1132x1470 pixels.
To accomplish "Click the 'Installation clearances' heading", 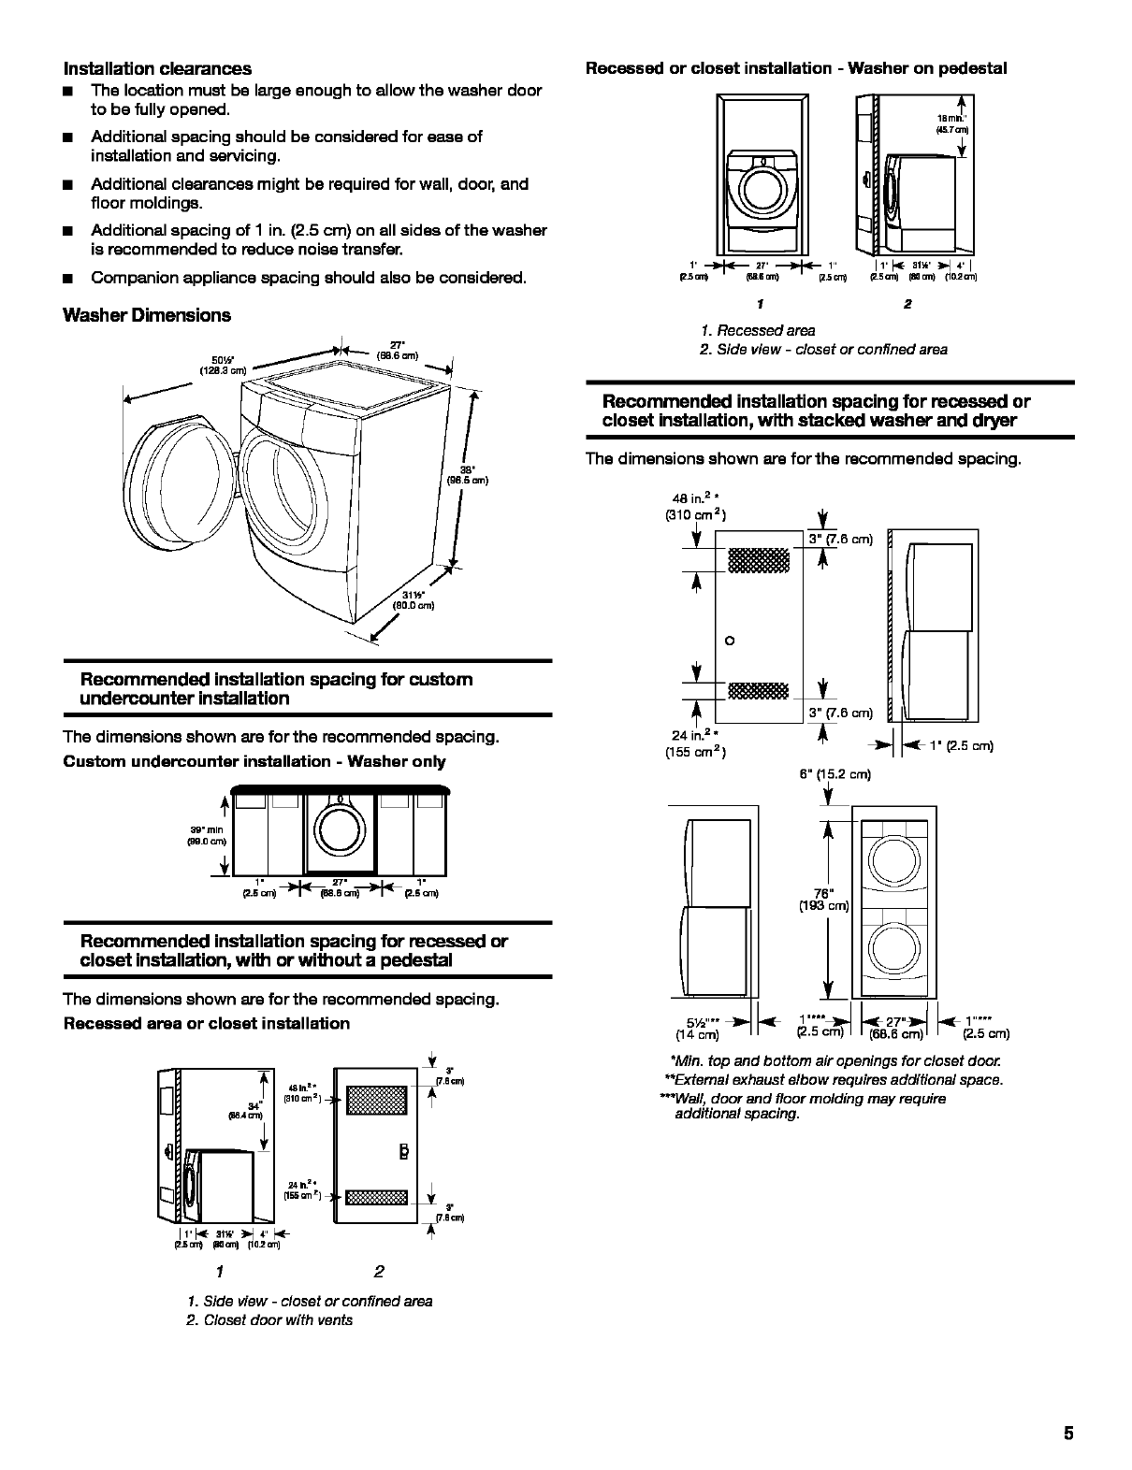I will point(157,68).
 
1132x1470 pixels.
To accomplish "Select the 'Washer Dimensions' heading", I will point(146,315).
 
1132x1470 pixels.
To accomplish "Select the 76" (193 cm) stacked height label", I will point(823,899).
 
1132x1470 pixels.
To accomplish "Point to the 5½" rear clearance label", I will point(698,1027).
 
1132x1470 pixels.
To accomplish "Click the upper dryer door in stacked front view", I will point(894,858).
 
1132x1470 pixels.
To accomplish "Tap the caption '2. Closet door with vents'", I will point(269,1319).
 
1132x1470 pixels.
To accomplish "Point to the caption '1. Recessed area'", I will point(757,330).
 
